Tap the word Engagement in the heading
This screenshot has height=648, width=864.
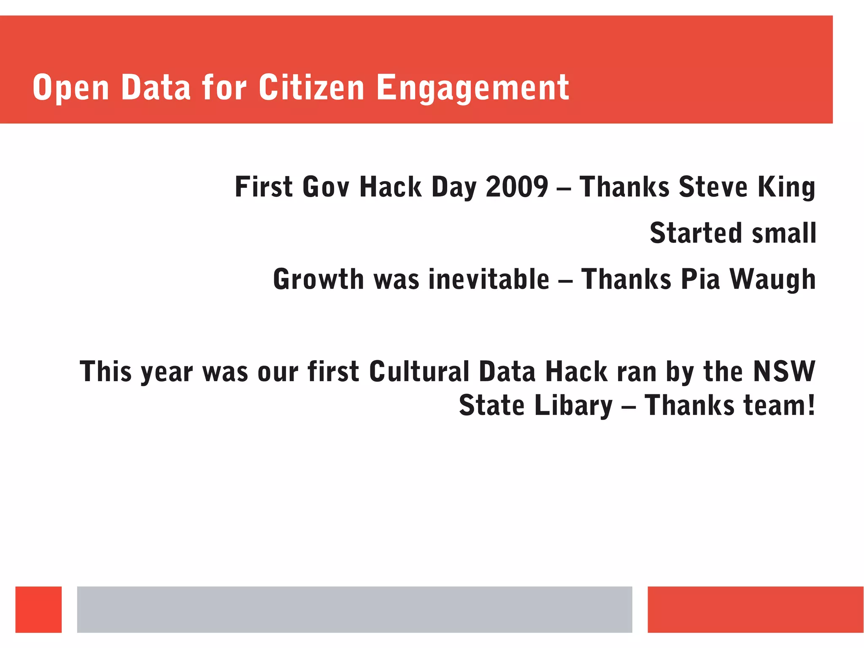pyautogui.click(x=472, y=89)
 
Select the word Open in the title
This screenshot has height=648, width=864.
pyautogui.click(x=71, y=89)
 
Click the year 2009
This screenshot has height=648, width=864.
pyautogui.click(x=517, y=187)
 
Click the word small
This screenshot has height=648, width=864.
pyautogui.click(x=784, y=233)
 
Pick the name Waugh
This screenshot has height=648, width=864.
pyautogui.click(x=772, y=280)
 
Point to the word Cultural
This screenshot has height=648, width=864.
pyautogui.click(x=419, y=371)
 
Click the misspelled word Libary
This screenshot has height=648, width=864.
pyautogui.click(x=573, y=406)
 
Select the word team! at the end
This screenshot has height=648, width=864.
pyautogui.click(x=779, y=405)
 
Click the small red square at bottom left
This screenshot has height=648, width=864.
pyautogui.click(x=38, y=609)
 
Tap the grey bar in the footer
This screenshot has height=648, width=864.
pyautogui.click(x=354, y=609)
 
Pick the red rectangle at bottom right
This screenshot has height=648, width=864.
pyautogui.click(x=755, y=609)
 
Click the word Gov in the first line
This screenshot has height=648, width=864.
pyautogui.click(x=326, y=187)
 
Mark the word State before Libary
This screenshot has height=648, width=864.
pyautogui.click(x=491, y=405)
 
